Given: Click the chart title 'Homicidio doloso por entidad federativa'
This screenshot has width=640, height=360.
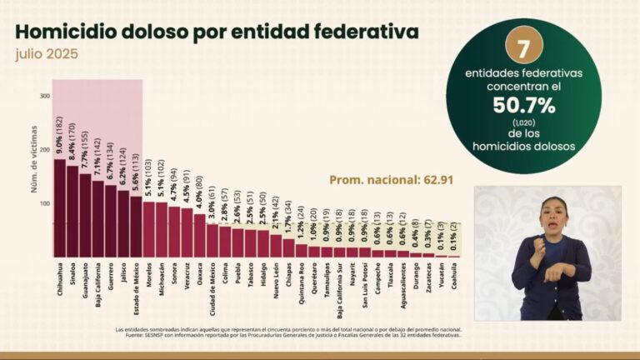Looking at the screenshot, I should coord(217,32).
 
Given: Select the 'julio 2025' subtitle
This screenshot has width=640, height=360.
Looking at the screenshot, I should coord(48,55).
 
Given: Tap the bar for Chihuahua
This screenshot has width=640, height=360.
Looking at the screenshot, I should coord(59,207).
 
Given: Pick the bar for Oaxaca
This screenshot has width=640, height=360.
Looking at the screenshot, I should coord(200,235).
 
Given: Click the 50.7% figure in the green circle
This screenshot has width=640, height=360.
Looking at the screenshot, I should coord(523,106).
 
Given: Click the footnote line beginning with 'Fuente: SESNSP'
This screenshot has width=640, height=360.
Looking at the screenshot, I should coord(287,334).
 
